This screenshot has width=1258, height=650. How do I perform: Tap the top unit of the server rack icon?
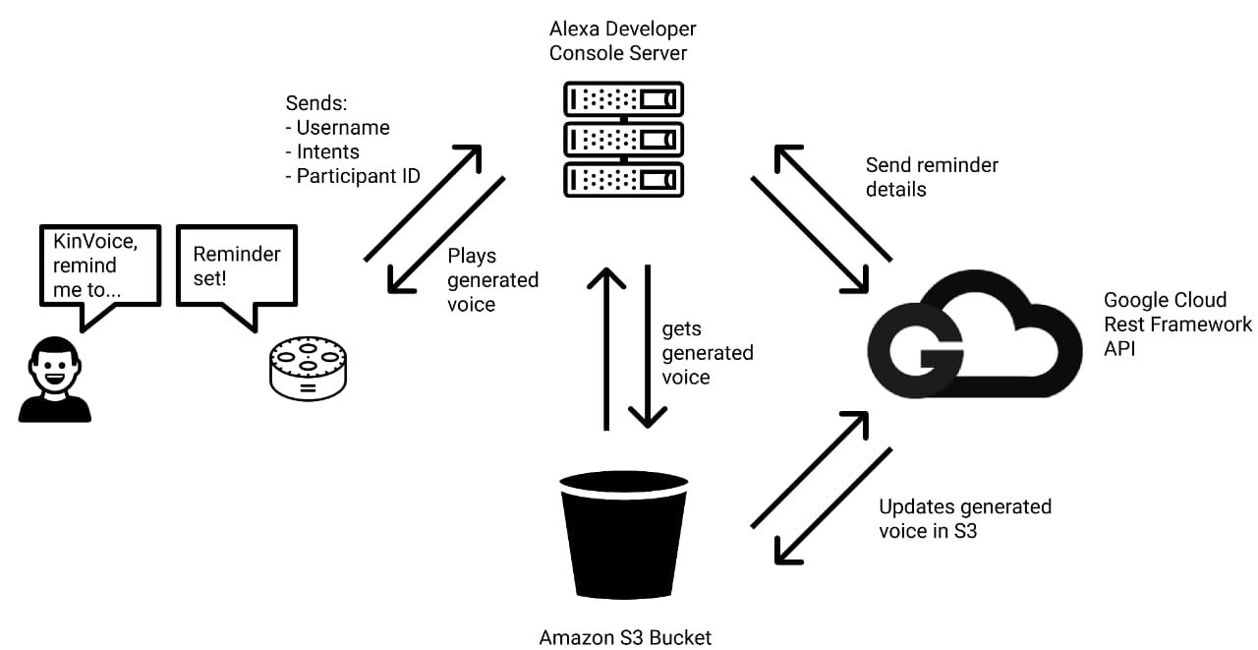[x=623, y=98]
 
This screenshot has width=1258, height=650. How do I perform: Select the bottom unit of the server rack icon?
[x=623, y=178]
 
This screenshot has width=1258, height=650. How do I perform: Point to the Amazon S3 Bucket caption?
[x=625, y=637]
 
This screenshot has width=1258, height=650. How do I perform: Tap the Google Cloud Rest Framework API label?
[x=1177, y=324]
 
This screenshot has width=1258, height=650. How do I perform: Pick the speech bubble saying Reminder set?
[x=236, y=267]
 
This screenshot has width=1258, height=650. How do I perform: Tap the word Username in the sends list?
[x=343, y=128]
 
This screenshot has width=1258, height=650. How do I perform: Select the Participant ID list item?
[x=358, y=176]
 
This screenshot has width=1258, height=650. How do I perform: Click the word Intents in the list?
[x=327, y=151]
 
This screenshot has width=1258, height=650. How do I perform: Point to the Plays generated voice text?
[x=492, y=280]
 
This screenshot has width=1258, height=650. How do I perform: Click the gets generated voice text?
[x=707, y=353]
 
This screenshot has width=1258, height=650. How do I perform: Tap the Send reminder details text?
[x=931, y=177]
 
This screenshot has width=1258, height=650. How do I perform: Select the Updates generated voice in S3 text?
[x=964, y=519]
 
